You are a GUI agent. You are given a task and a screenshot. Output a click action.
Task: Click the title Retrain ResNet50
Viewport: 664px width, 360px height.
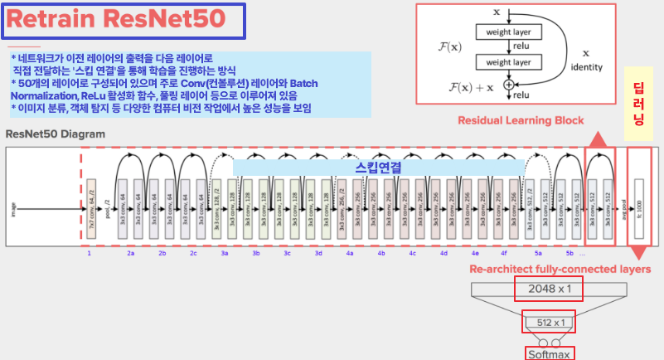pyautogui.click(x=122, y=22)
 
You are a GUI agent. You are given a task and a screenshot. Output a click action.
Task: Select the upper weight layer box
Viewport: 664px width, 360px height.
pyautogui.click(x=507, y=32)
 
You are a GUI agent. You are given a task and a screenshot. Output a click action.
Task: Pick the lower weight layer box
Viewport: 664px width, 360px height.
pyautogui.click(x=507, y=62)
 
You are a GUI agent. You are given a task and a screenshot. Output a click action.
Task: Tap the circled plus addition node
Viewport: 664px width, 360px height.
pyautogui.click(x=508, y=84)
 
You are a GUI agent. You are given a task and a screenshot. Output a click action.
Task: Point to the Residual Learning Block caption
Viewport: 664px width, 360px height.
pyautogui.click(x=521, y=120)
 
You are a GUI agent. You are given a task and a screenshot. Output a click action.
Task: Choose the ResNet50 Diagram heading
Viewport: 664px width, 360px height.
pyautogui.click(x=56, y=134)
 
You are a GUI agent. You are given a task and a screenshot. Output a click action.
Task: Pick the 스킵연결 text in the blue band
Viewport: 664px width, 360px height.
pyautogui.click(x=378, y=167)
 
